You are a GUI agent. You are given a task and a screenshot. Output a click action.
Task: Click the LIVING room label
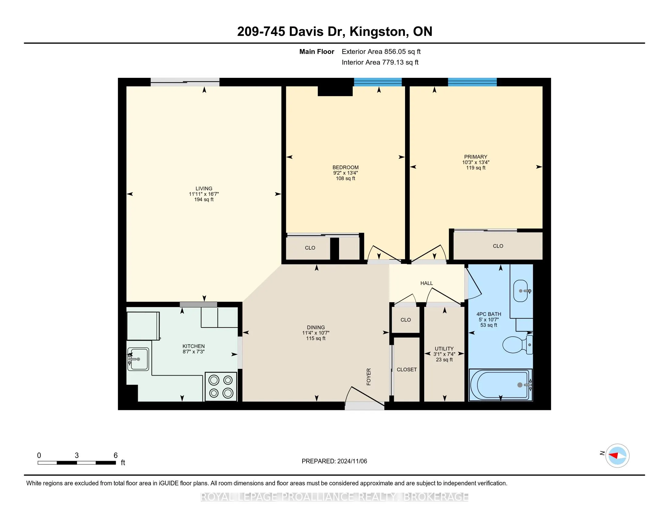[x=204, y=189]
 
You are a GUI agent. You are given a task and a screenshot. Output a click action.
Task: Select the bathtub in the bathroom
[x=501, y=385]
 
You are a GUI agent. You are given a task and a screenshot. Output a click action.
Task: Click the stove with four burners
[x=221, y=386]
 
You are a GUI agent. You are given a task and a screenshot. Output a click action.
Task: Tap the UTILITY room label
[x=444, y=349]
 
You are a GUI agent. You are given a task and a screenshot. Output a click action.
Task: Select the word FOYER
[x=369, y=377]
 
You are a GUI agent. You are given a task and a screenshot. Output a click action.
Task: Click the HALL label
[x=427, y=283]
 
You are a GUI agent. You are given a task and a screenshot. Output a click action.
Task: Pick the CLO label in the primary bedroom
[x=498, y=246]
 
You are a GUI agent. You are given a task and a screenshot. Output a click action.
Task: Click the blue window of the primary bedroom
[x=472, y=82]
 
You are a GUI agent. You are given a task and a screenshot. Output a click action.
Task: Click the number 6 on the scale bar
[x=116, y=456]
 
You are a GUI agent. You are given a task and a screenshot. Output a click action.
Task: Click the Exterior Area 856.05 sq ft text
[x=381, y=52]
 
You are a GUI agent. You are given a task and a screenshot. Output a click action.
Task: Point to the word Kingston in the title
[x=379, y=32]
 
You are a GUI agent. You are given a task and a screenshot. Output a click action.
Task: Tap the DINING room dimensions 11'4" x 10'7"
[x=316, y=333]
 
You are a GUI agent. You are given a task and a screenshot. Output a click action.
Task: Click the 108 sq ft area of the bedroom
[x=345, y=178]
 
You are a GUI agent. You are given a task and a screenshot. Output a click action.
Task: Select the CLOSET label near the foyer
[x=407, y=370]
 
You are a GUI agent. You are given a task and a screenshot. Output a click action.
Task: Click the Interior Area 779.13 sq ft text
[x=380, y=62]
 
